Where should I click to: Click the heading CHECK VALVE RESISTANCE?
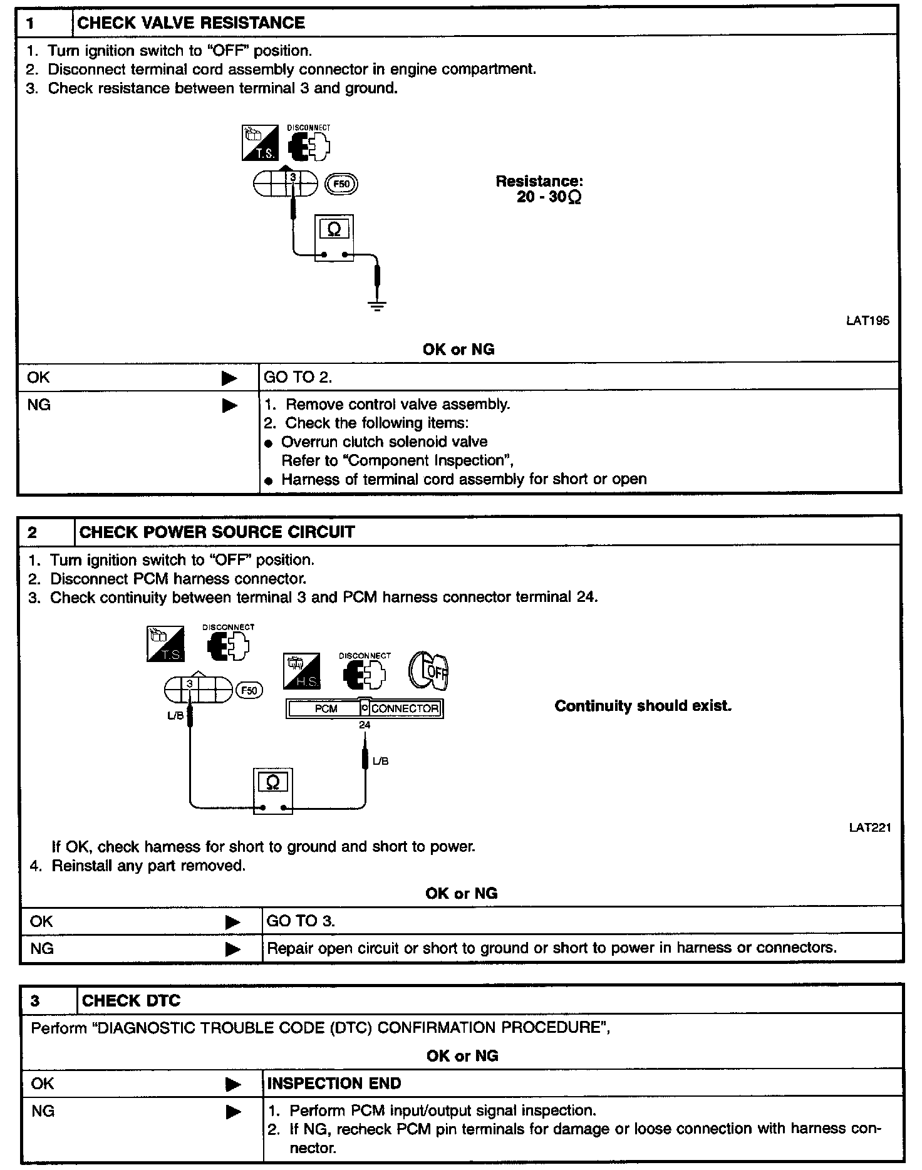click(x=190, y=23)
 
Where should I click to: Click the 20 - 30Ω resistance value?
click(x=549, y=197)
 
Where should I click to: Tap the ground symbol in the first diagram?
click(x=377, y=306)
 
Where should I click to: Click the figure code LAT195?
click(x=868, y=321)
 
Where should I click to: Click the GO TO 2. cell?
click(x=298, y=377)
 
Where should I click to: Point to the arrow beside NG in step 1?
click(x=230, y=406)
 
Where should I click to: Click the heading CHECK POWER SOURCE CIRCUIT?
click(x=217, y=532)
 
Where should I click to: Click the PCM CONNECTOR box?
click(x=365, y=708)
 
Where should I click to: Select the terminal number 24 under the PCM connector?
click(x=365, y=725)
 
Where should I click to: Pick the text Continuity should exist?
click(x=643, y=707)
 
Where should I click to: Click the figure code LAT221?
click(x=870, y=827)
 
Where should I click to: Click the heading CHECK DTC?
click(x=131, y=1001)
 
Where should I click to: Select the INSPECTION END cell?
click(x=334, y=1084)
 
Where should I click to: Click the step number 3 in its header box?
click(x=35, y=1001)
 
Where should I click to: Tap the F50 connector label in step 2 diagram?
click(x=249, y=690)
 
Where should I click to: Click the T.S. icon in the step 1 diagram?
click(x=260, y=143)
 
